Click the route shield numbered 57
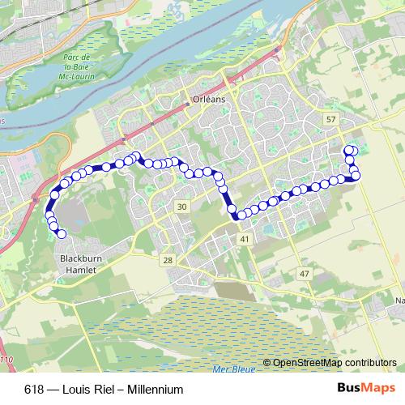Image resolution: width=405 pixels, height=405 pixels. tap(330, 120)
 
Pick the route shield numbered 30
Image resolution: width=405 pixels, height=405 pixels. tap(181, 207)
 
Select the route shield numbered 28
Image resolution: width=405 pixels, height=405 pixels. tap(168, 260)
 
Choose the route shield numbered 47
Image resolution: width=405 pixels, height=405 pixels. tap(305, 275)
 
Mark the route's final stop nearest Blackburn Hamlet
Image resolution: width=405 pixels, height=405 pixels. tap(61, 235)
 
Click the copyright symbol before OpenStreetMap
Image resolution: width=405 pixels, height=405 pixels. tap(267, 362)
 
